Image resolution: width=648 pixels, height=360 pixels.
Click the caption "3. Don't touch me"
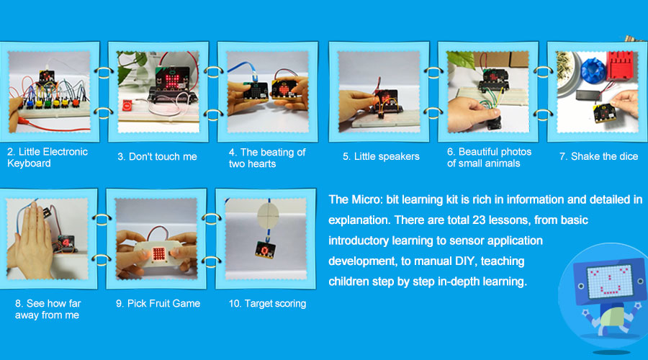point(157,157)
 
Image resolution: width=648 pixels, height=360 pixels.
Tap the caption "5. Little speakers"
point(381,157)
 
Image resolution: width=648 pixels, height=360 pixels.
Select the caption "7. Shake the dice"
point(598,157)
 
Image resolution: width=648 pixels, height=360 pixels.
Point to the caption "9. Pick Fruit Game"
point(158,304)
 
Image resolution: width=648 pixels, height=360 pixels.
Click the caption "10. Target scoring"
point(267,304)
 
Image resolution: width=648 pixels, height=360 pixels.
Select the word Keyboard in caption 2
point(29,163)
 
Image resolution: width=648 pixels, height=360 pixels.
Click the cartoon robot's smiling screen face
point(610,281)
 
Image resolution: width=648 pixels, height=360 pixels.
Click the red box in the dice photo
point(619,65)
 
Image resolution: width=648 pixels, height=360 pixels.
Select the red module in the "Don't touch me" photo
point(127,105)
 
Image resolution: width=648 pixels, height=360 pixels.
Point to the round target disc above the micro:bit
point(269,215)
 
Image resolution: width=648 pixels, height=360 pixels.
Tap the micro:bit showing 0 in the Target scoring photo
point(265,250)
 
